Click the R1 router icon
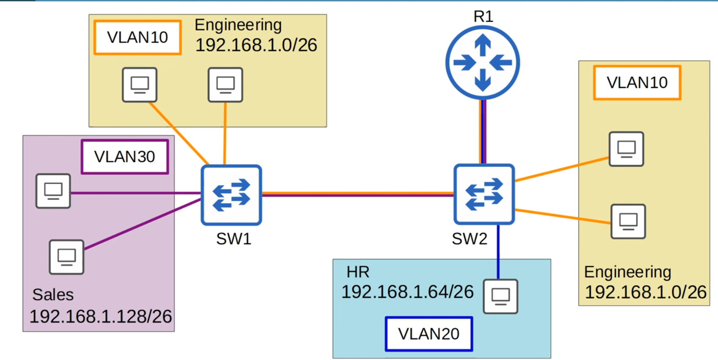[x=483, y=63]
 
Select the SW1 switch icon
[x=231, y=195]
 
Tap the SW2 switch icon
[x=484, y=194]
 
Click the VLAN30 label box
[x=125, y=157]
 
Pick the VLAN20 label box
[x=429, y=334]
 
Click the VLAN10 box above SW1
[x=138, y=38]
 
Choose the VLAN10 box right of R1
[x=637, y=82]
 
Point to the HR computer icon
[x=501, y=296]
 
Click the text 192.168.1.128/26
[x=100, y=317]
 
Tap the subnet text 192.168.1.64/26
[x=407, y=292]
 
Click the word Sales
[x=53, y=295]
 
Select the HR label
[x=358, y=272]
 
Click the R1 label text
[x=483, y=17]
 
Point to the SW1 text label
[x=234, y=239]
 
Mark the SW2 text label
[x=469, y=239]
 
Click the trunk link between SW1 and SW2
[x=358, y=194]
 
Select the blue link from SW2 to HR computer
[x=498, y=251]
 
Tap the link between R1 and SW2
[x=483, y=131]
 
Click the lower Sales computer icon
[x=67, y=257]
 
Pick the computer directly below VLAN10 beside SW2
[x=626, y=149]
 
